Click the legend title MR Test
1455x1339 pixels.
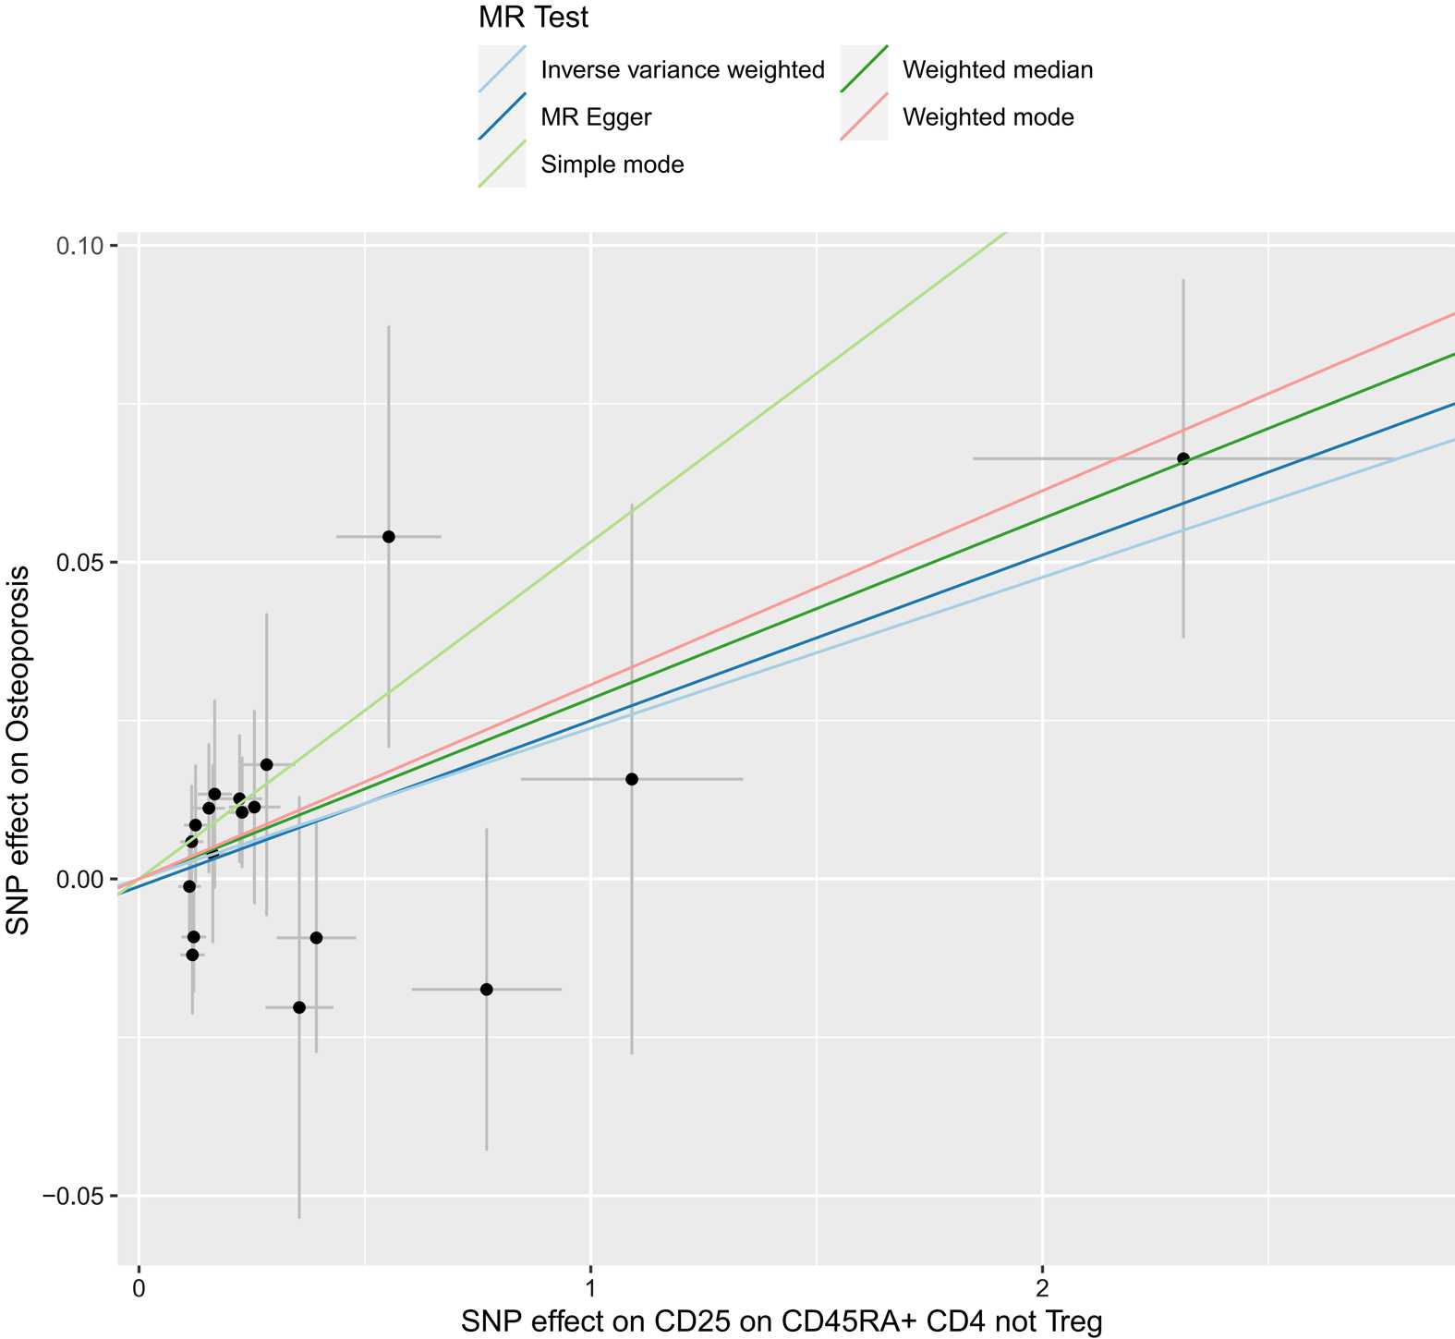tap(534, 17)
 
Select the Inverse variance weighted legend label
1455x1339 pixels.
tap(682, 70)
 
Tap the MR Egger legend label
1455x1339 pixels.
tap(596, 117)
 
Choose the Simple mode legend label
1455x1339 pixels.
tap(612, 165)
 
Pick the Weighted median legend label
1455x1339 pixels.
tap(997, 70)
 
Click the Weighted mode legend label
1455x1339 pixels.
tap(988, 117)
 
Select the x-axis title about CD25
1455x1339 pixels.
tap(781, 1322)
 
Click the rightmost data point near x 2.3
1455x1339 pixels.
tap(1182, 458)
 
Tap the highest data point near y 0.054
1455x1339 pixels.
tap(388, 537)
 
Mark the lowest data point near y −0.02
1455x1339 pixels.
tap(298, 1007)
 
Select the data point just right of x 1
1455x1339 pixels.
tap(632, 779)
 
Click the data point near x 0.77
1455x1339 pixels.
tap(486, 990)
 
